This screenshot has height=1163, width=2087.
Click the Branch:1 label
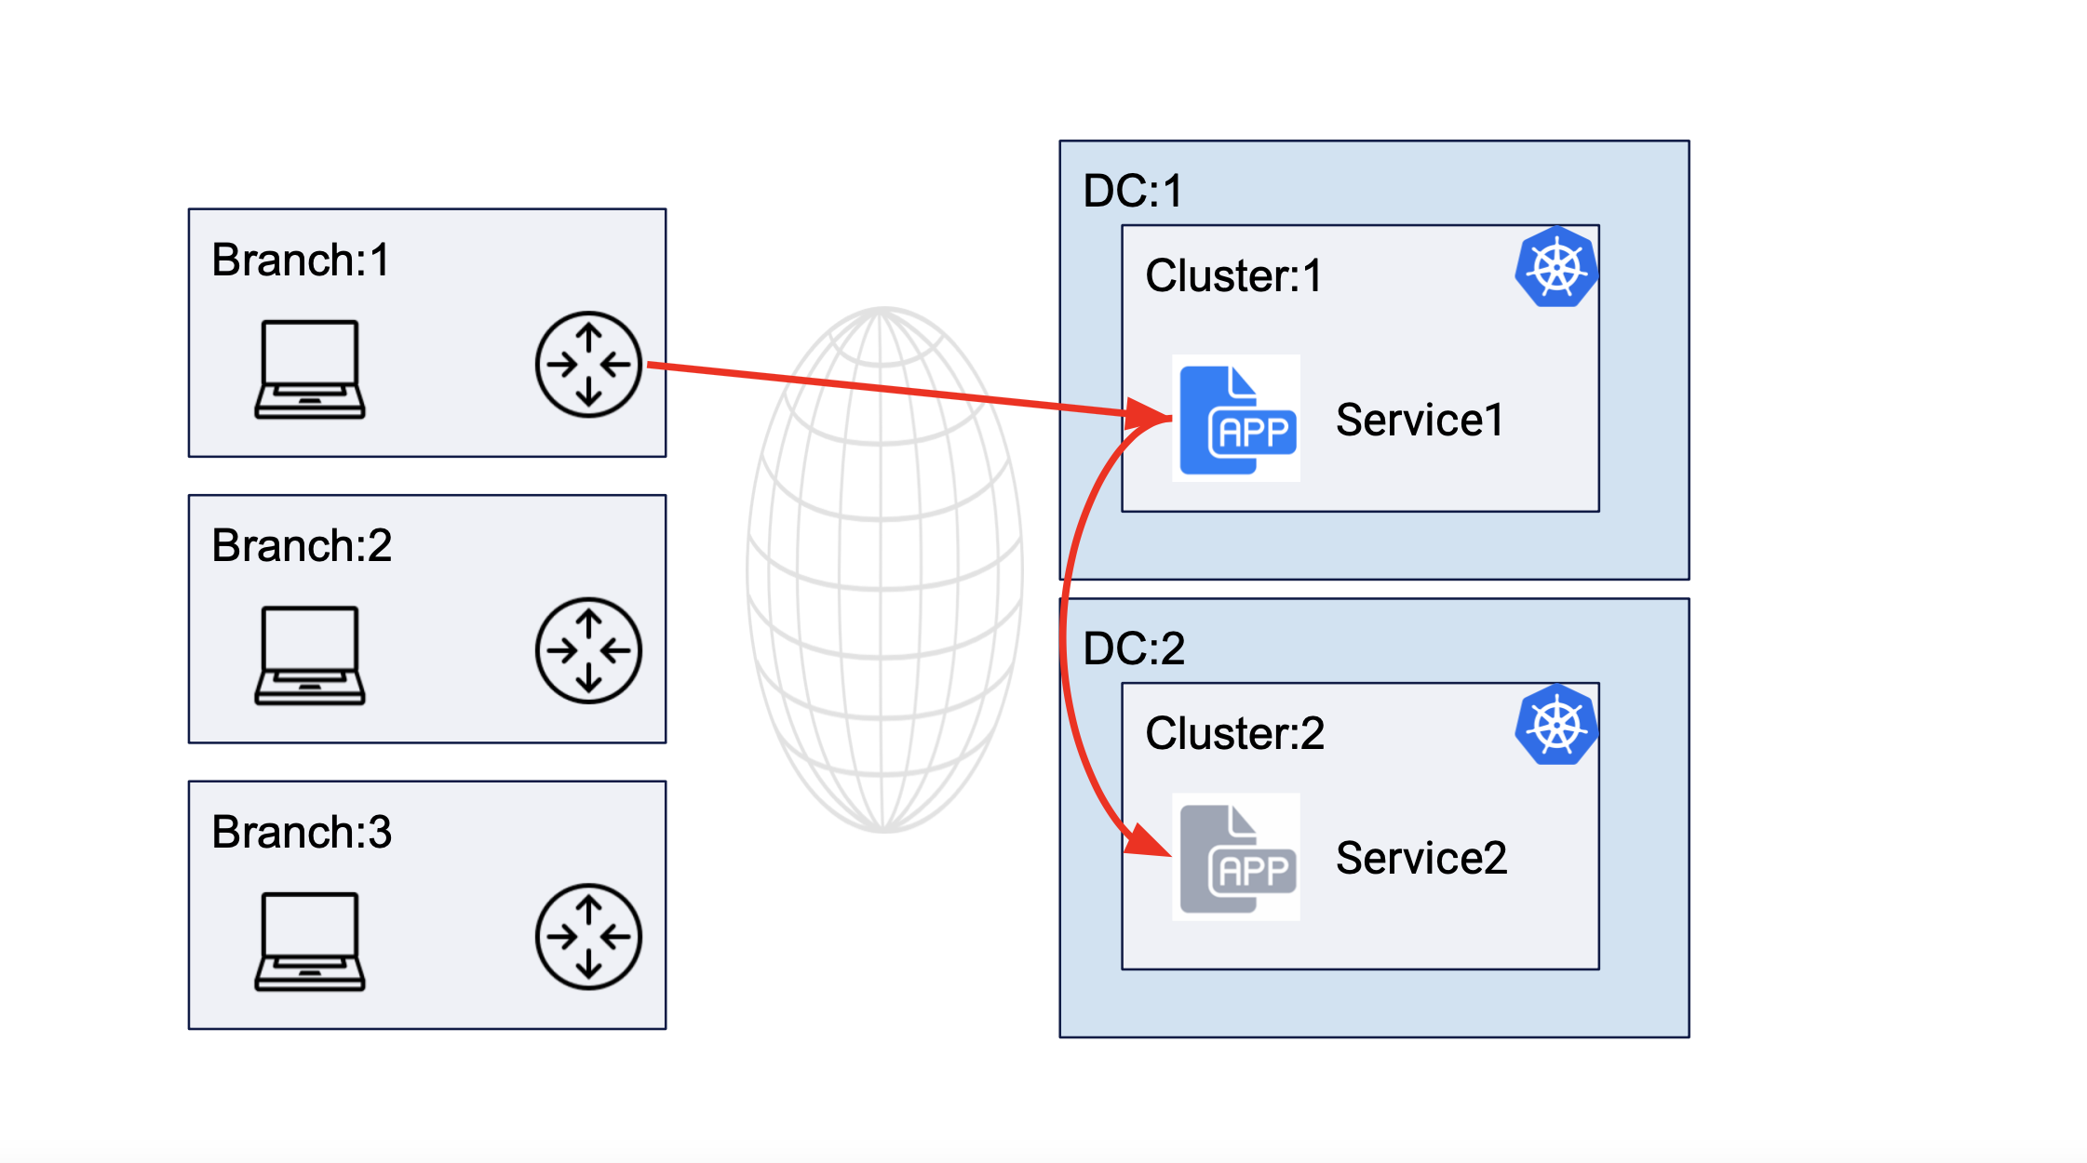point(300,260)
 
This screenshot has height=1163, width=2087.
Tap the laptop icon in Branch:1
point(310,369)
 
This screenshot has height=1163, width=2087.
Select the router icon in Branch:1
point(588,364)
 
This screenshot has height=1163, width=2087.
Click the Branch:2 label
point(301,545)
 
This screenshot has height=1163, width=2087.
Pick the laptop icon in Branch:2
point(310,655)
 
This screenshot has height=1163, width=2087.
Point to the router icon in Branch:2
point(588,650)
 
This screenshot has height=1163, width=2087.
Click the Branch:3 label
point(301,832)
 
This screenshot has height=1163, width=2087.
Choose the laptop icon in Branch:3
point(310,942)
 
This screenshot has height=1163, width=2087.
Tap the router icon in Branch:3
point(588,936)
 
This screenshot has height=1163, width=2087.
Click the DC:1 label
point(1132,191)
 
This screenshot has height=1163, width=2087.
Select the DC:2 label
point(1133,648)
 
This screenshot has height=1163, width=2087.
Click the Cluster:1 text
point(1232,275)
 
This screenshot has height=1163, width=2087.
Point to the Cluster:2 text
point(1233,733)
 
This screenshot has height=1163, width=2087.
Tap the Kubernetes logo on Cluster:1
point(1555,267)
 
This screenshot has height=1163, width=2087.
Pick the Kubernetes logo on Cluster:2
point(1555,725)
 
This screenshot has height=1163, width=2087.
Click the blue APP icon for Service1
point(1235,419)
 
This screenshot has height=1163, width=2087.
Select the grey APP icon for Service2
point(1235,858)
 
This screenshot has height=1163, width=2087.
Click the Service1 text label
point(1419,420)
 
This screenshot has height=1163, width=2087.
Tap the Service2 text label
point(1421,858)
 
